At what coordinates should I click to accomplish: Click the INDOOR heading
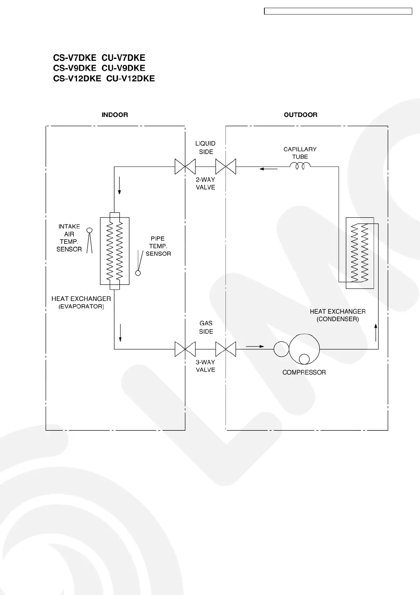click(115, 115)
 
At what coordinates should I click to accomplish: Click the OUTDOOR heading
click(300, 115)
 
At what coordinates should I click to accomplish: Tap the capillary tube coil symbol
click(300, 165)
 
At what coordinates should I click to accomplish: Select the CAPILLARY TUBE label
click(300, 153)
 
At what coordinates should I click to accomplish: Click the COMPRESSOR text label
click(304, 372)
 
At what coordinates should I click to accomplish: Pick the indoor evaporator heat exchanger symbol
click(115, 251)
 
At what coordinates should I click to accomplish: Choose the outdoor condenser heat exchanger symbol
click(360, 253)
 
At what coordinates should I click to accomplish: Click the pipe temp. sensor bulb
click(138, 273)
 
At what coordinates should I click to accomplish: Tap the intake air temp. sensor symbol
click(89, 240)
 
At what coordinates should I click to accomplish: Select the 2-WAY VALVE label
click(205, 183)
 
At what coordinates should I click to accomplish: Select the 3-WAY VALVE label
click(205, 366)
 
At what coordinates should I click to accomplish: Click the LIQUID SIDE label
click(205, 148)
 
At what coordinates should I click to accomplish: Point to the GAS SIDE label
click(206, 327)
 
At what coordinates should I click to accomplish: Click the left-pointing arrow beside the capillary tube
click(268, 169)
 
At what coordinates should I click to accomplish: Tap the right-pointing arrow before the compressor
click(255, 347)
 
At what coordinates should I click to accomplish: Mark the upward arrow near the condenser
click(376, 332)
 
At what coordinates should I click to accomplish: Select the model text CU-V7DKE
click(124, 58)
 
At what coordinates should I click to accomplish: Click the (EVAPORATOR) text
click(81, 307)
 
